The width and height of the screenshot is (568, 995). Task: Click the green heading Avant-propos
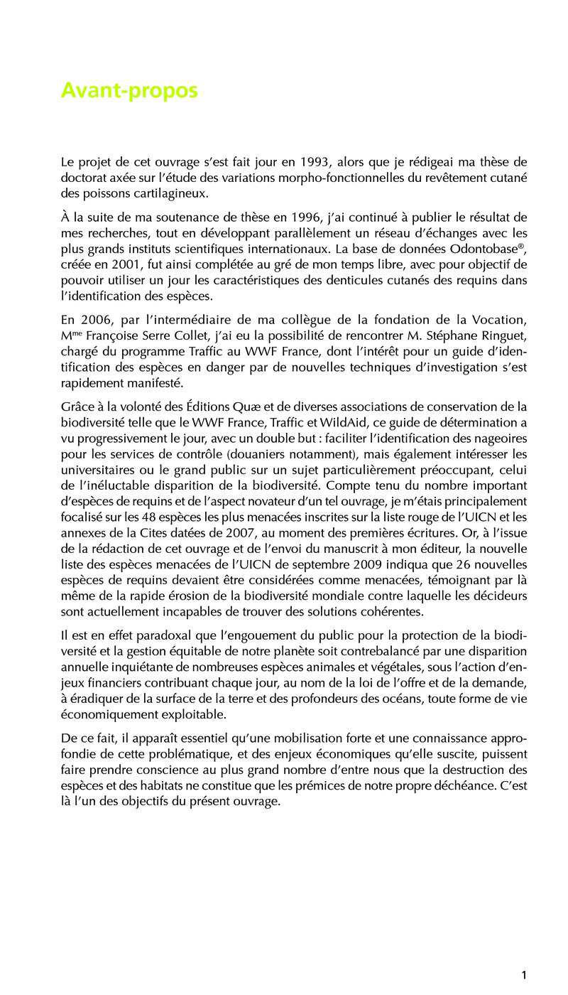(x=129, y=91)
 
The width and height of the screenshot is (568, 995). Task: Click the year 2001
(x=124, y=264)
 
